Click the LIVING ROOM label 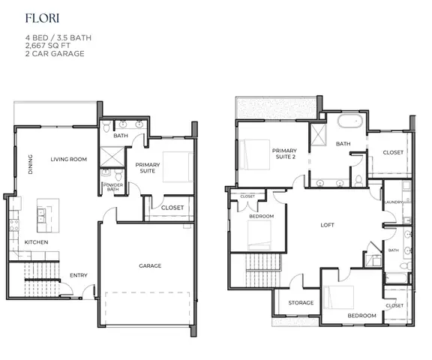click(x=69, y=159)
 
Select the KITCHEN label click(x=37, y=242)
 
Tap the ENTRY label click(x=79, y=275)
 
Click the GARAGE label click(x=149, y=265)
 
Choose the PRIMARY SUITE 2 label click(x=284, y=155)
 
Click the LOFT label click(x=326, y=225)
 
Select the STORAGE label click(x=301, y=303)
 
